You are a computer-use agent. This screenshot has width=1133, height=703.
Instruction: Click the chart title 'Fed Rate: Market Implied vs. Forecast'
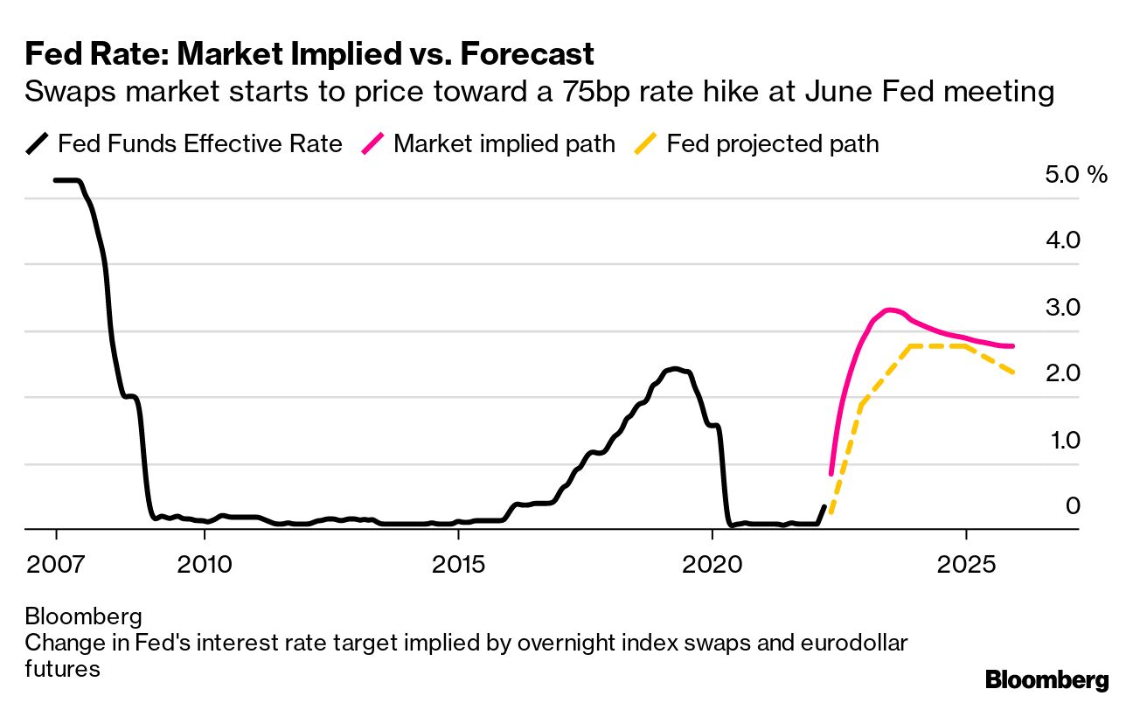309,54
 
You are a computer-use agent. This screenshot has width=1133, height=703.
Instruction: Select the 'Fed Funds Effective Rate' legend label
199,143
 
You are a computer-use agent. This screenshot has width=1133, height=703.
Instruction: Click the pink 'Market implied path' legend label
504,143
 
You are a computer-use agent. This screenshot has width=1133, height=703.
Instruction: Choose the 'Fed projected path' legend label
772,143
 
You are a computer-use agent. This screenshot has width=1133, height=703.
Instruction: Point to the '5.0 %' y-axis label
1075,174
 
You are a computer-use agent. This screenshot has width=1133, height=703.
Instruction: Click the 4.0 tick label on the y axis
1063,240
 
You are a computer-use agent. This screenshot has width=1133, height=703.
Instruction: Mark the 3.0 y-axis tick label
1063,307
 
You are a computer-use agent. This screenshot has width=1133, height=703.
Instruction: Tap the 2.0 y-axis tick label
1063,373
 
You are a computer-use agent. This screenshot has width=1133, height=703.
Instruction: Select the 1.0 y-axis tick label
1063,440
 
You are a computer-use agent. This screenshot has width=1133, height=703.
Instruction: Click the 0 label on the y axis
1073,506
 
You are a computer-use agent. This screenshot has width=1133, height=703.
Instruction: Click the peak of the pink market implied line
890,310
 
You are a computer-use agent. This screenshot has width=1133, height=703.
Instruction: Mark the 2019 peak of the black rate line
672,369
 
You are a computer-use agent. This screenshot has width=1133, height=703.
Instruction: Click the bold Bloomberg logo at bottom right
1046,679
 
